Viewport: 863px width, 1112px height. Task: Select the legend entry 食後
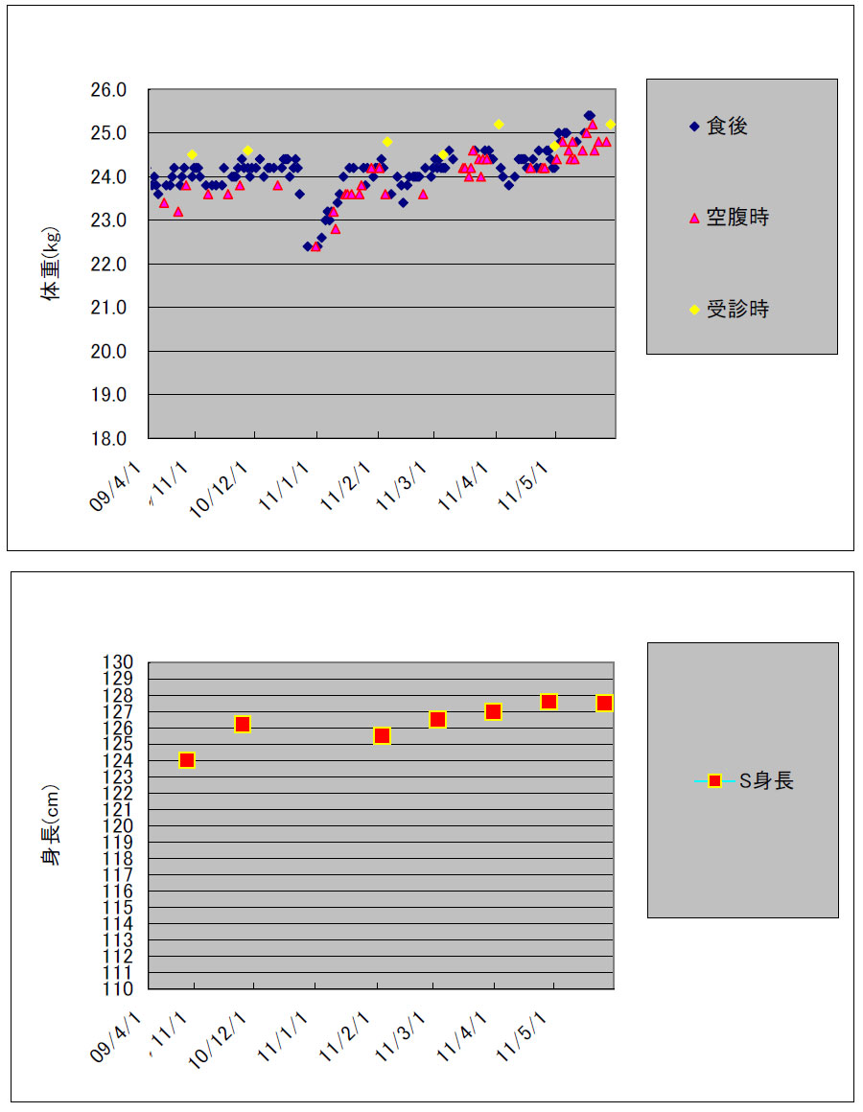[x=726, y=126]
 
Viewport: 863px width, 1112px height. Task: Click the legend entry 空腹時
[x=736, y=218]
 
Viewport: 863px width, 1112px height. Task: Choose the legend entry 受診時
[x=736, y=309]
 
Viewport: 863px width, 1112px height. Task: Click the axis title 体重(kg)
[x=51, y=264]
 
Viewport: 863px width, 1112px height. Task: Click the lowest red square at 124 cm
[x=187, y=760]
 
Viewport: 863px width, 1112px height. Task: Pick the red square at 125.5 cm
[x=382, y=736]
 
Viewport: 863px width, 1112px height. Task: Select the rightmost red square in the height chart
[x=604, y=704]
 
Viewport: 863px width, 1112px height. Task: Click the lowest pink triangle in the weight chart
[x=315, y=246]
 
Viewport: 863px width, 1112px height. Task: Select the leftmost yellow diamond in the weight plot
[x=192, y=154]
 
